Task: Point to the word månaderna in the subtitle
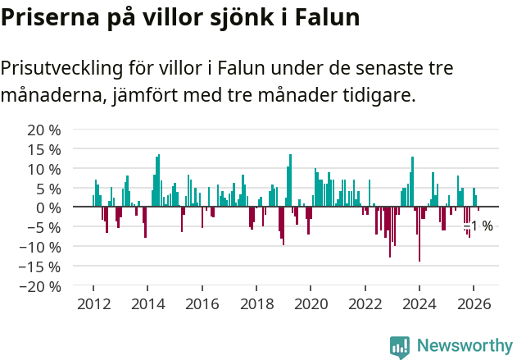coord(50,95)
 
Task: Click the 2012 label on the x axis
coord(93,303)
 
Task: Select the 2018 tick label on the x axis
coord(256,303)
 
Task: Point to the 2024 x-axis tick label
coord(419,303)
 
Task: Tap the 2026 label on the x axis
coord(474,303)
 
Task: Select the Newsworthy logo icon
coord(400,347)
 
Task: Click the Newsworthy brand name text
coord(464,346)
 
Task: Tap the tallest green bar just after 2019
coord(290,180)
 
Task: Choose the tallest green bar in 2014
coord(158,180)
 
